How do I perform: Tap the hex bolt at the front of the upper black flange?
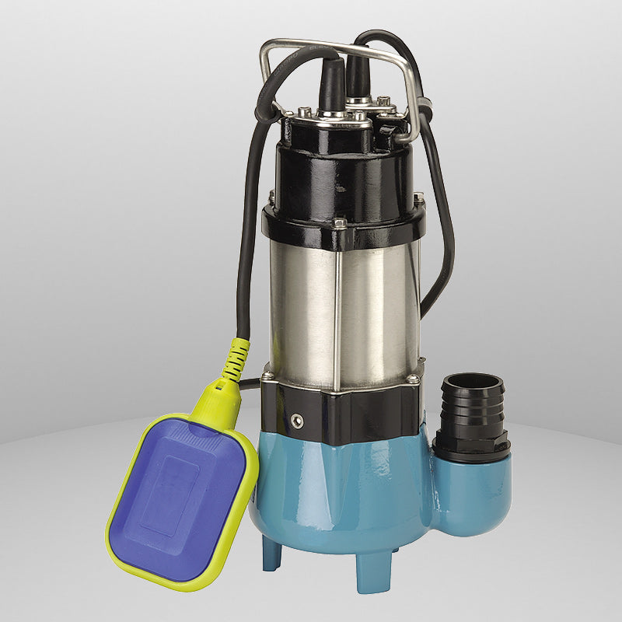click(x=339, y=223)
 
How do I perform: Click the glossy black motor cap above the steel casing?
click(x=342, y=175)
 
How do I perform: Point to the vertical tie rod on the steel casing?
click(x=336, y=311)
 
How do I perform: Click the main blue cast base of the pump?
click(x=350, y=498)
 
